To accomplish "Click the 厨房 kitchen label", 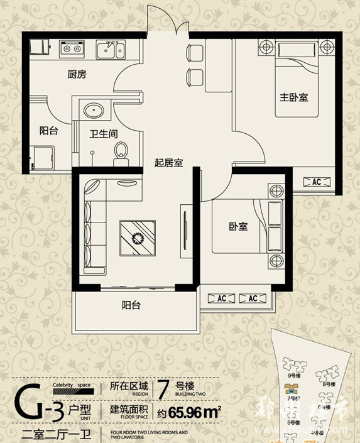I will pos(77,74).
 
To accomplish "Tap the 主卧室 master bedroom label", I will pos(293,97).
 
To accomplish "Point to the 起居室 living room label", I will pos(168,163).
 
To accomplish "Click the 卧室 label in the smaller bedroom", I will pos(238,226).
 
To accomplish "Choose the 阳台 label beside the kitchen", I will pos(48,131).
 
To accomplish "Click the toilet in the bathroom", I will pos(121,151).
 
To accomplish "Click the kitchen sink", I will pos(112,48).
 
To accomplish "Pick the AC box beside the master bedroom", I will pos(316,182).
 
